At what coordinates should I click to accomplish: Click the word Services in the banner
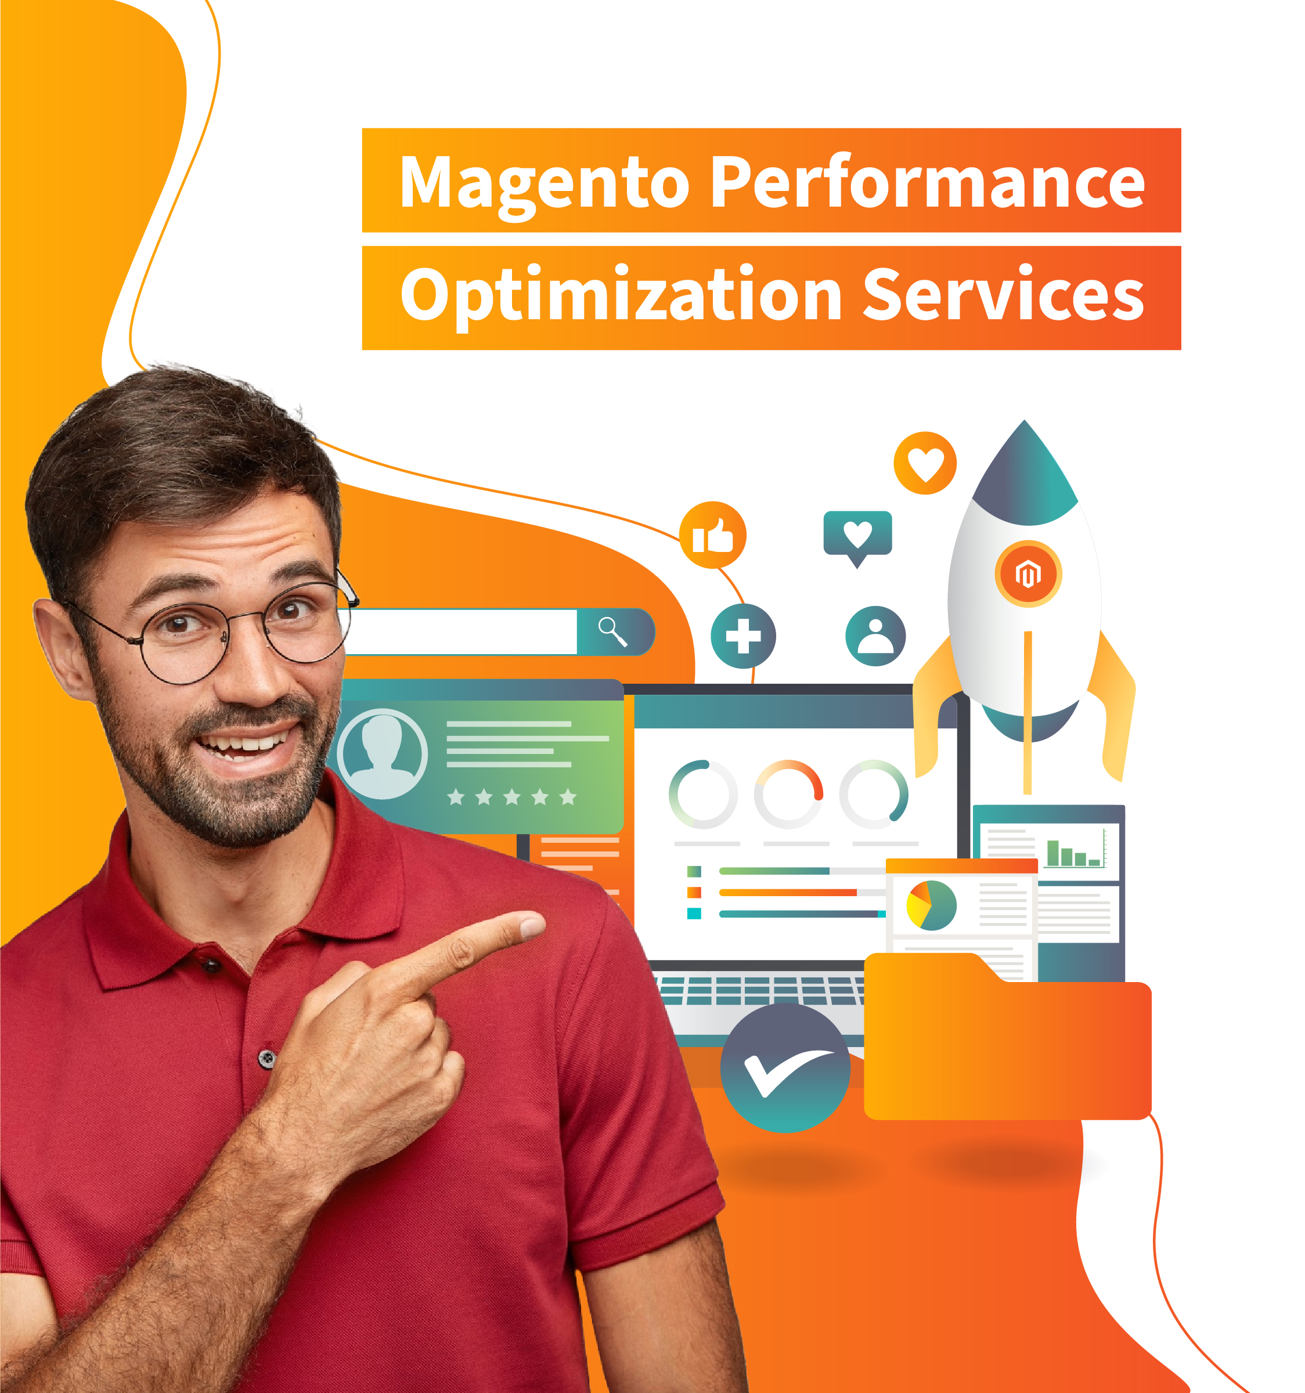click(x=1003, y=294)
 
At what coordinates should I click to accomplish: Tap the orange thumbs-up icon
click(x=713, y=535)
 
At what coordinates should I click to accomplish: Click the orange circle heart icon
click(x=925, y=463)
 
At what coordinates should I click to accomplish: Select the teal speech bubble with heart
click(x=858, y=537)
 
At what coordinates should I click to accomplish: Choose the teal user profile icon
click(x=875, y=636)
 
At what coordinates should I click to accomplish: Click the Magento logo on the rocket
click(x=1028, y=574)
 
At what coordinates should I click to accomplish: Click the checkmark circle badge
click(x=785, y=1068)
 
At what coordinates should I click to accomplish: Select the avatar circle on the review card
click(x=383, y=754)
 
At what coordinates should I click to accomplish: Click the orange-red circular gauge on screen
click(x=788, y=794)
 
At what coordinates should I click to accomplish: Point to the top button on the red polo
click(x=211, y=966)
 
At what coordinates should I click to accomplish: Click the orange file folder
click(x=1008, y=1035)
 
